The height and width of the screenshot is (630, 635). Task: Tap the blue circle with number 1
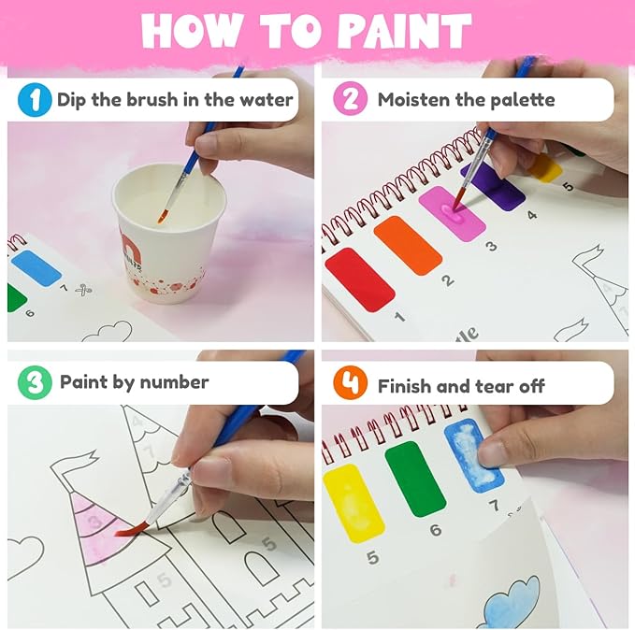(35, 99)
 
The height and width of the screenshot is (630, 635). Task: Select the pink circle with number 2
(350, 99)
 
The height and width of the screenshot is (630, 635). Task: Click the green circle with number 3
(34, 382)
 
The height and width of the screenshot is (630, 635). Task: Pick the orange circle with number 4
(350, 384)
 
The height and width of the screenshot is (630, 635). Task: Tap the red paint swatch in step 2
(359, 279)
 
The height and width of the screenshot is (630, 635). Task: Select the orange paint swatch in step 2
(407, 245)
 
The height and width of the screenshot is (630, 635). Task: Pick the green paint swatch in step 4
(414, 477)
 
